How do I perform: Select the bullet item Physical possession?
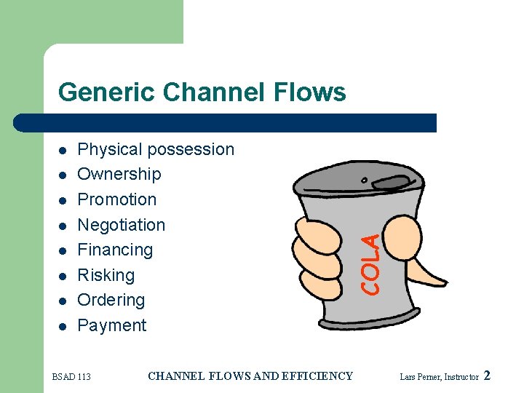click(156, 149)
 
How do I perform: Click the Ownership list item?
click(119, 174)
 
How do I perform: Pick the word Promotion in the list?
click(116, 199)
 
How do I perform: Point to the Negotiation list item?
click(121, 225)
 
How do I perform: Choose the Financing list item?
click(115, 250)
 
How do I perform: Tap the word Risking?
click(106, 275)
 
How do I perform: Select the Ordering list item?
click(111, 300)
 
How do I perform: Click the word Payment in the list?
click(111, 325)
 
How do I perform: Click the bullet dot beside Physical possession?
click(63, 151)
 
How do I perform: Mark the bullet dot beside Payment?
click(63, 327)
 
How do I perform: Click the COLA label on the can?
click(371, 263)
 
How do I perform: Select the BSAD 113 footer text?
click(71, 376)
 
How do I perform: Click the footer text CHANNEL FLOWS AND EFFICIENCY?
click(250, 376)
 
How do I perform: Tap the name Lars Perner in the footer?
click(420, 377)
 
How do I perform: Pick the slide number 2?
click(487, 376)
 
